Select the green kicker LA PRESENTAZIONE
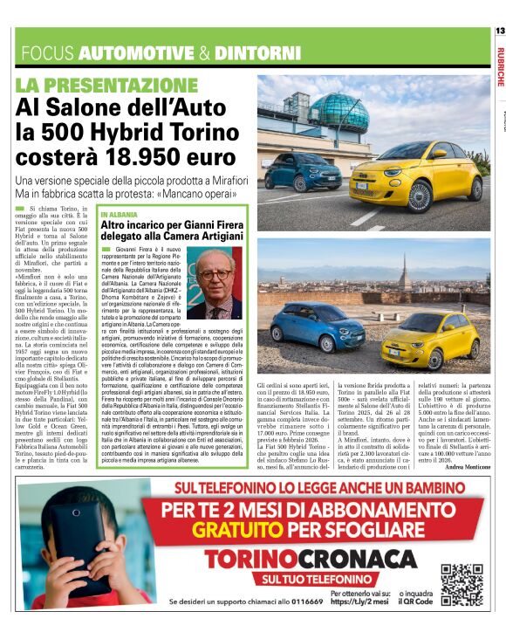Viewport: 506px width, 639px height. click(x=107, y=86)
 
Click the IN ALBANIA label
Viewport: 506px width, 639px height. click(x=118, y=214)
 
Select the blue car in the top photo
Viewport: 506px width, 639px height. click(x=304, y=171)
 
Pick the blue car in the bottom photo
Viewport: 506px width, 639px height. click(x=318, y=327)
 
